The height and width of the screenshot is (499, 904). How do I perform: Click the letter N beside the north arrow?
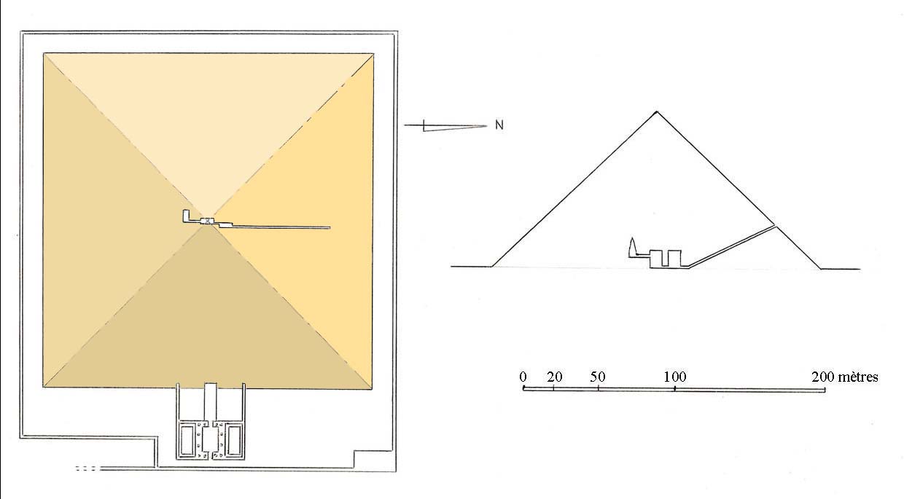[499, 125]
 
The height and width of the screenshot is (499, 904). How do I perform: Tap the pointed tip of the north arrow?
[487, 126]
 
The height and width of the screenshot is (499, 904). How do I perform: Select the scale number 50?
[598, 377]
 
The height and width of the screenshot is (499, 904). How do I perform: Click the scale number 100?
[675, 377]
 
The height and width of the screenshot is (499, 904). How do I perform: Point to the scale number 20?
[555, 377]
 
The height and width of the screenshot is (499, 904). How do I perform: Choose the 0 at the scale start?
[523, 377]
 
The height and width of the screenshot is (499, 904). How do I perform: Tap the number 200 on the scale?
[823, 377]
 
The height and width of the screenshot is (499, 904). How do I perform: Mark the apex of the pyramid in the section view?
[657, 111]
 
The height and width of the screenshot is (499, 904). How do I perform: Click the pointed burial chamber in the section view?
[632, 248]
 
